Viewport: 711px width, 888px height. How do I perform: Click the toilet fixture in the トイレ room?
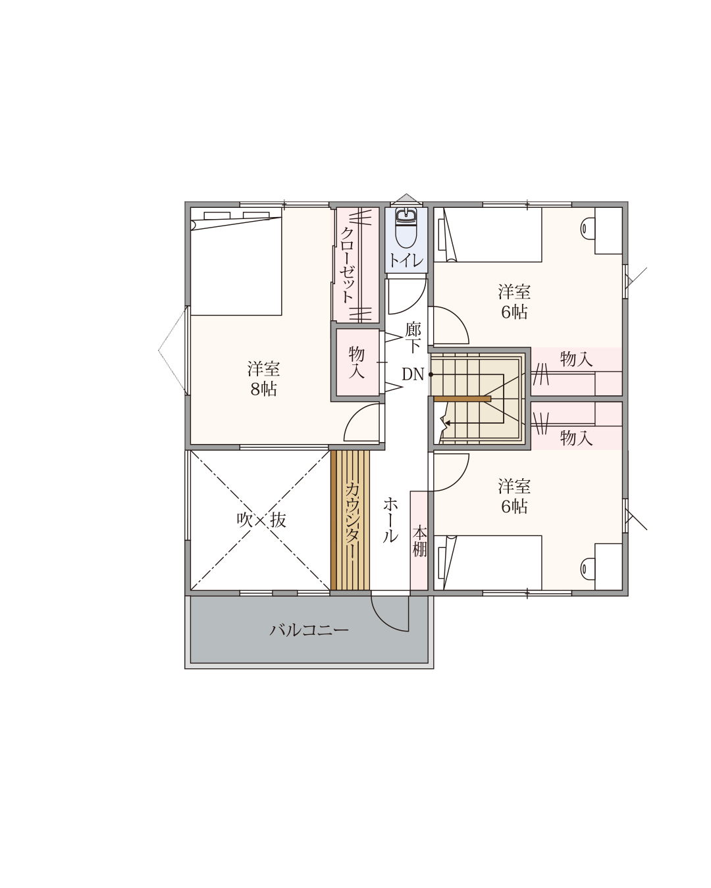406,228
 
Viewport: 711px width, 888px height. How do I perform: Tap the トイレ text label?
406,260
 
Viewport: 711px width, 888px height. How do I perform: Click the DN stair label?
413,374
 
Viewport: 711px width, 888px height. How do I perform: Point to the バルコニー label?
309,630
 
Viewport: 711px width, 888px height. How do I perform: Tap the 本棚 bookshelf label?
419,541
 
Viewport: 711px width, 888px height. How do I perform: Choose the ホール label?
390,520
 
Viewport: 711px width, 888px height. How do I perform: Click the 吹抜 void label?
261,520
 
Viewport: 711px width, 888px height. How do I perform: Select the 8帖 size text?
263,389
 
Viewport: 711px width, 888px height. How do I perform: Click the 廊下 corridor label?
413,337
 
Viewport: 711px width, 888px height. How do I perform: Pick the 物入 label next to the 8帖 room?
357,362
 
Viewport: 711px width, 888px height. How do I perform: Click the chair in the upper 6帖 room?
587,229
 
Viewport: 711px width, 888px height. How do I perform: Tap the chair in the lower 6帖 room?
587,568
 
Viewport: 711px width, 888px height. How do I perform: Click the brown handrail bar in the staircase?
462,399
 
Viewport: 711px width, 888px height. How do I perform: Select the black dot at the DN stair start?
431,375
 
